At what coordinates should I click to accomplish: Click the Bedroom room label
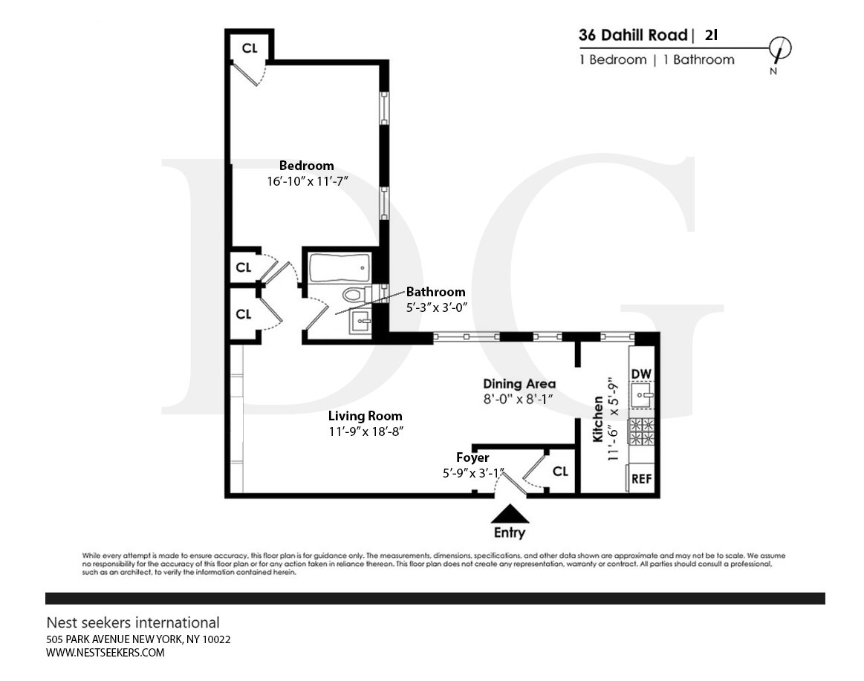306,166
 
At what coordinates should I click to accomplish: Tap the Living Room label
366,416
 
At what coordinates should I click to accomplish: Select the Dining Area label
519,383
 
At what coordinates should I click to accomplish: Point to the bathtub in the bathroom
339,268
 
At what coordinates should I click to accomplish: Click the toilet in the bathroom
354,294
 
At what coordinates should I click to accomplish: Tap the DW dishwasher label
641,374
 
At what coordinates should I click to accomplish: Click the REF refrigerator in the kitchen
641,478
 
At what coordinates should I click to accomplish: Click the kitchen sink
642,396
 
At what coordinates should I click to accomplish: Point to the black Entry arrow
510,513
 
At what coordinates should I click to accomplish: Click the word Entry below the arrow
510,532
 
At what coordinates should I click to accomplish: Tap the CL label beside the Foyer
560,471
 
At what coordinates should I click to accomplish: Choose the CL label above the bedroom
250,48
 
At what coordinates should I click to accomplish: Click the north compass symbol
779,48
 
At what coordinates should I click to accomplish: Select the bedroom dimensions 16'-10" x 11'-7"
308,180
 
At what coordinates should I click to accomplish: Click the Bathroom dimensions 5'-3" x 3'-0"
436,307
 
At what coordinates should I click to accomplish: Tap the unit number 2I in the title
712,35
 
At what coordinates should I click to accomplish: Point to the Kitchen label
598,420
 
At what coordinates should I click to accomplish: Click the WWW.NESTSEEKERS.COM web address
105,653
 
